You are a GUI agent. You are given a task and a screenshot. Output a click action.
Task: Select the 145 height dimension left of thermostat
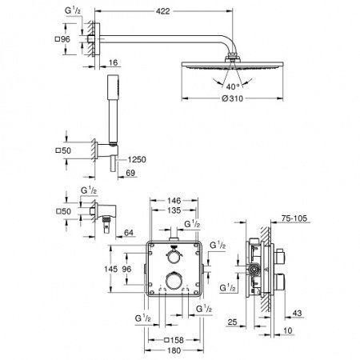(113, 270)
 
